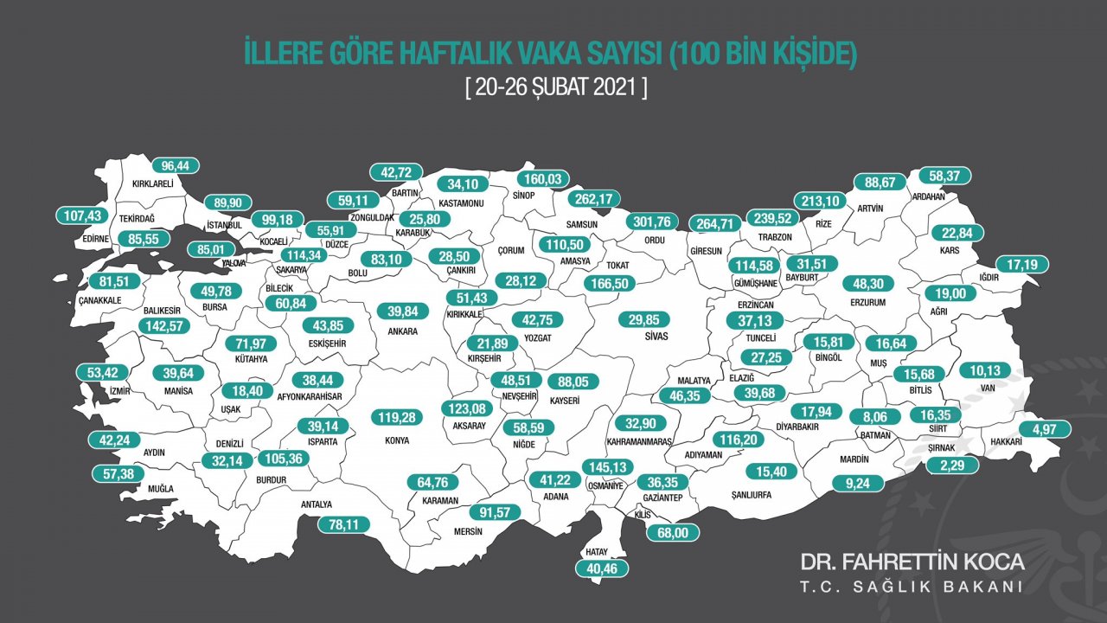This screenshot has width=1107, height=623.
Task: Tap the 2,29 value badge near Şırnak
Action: (952, 465)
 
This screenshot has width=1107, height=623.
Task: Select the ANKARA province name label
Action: (403, 331)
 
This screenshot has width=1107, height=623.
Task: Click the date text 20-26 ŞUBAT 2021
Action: (555, 88)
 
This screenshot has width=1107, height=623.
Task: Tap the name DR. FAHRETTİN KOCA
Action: (912, 562)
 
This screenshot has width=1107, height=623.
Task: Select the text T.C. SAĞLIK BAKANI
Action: (912, 587)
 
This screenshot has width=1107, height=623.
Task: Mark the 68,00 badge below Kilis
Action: (674, 533)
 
